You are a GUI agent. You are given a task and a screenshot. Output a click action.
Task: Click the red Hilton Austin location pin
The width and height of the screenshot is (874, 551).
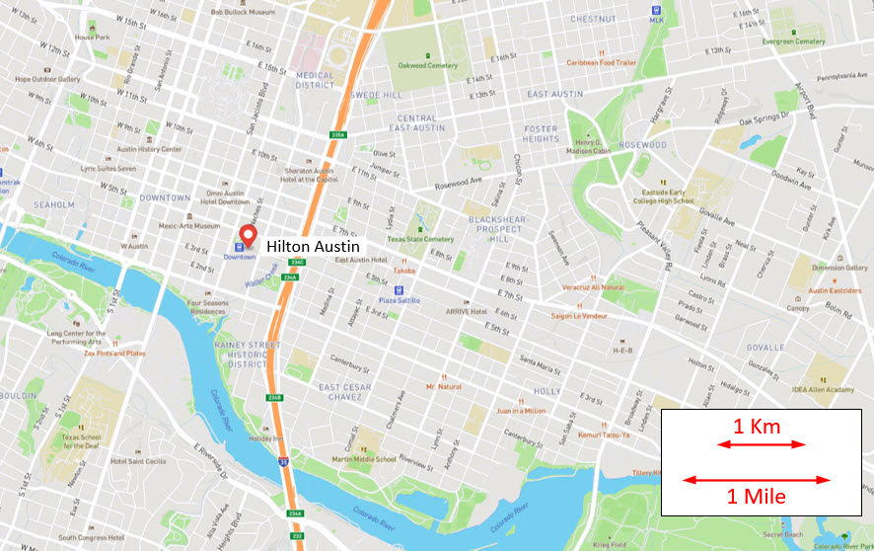pyautogui.click(x=248, y=235)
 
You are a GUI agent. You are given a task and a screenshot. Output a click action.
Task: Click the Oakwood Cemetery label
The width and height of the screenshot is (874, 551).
pyautogui.click(x=427, y=65)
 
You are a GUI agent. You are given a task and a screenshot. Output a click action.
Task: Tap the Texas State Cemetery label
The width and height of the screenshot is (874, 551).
pyautogui.click(x=420, y=239)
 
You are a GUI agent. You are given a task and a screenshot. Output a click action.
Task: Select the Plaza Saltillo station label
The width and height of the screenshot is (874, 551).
pyautogui.click(x=400, y=299)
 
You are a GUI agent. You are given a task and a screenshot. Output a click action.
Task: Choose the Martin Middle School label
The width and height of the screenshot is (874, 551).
pyautogui.click(x=364, y=459)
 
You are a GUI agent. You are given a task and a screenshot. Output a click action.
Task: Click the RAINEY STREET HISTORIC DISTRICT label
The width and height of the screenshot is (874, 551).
pyautogui.click(x=247, y=354)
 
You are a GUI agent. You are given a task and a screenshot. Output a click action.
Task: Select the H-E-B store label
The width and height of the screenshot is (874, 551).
pyautogui.click(x=622, y=351)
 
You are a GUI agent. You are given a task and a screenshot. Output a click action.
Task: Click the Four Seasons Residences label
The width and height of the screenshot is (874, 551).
pyautogui.click(x=208, y=307)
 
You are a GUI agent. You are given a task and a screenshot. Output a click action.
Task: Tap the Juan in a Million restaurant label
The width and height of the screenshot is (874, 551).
pyautogui.click(x=522, y=410)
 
